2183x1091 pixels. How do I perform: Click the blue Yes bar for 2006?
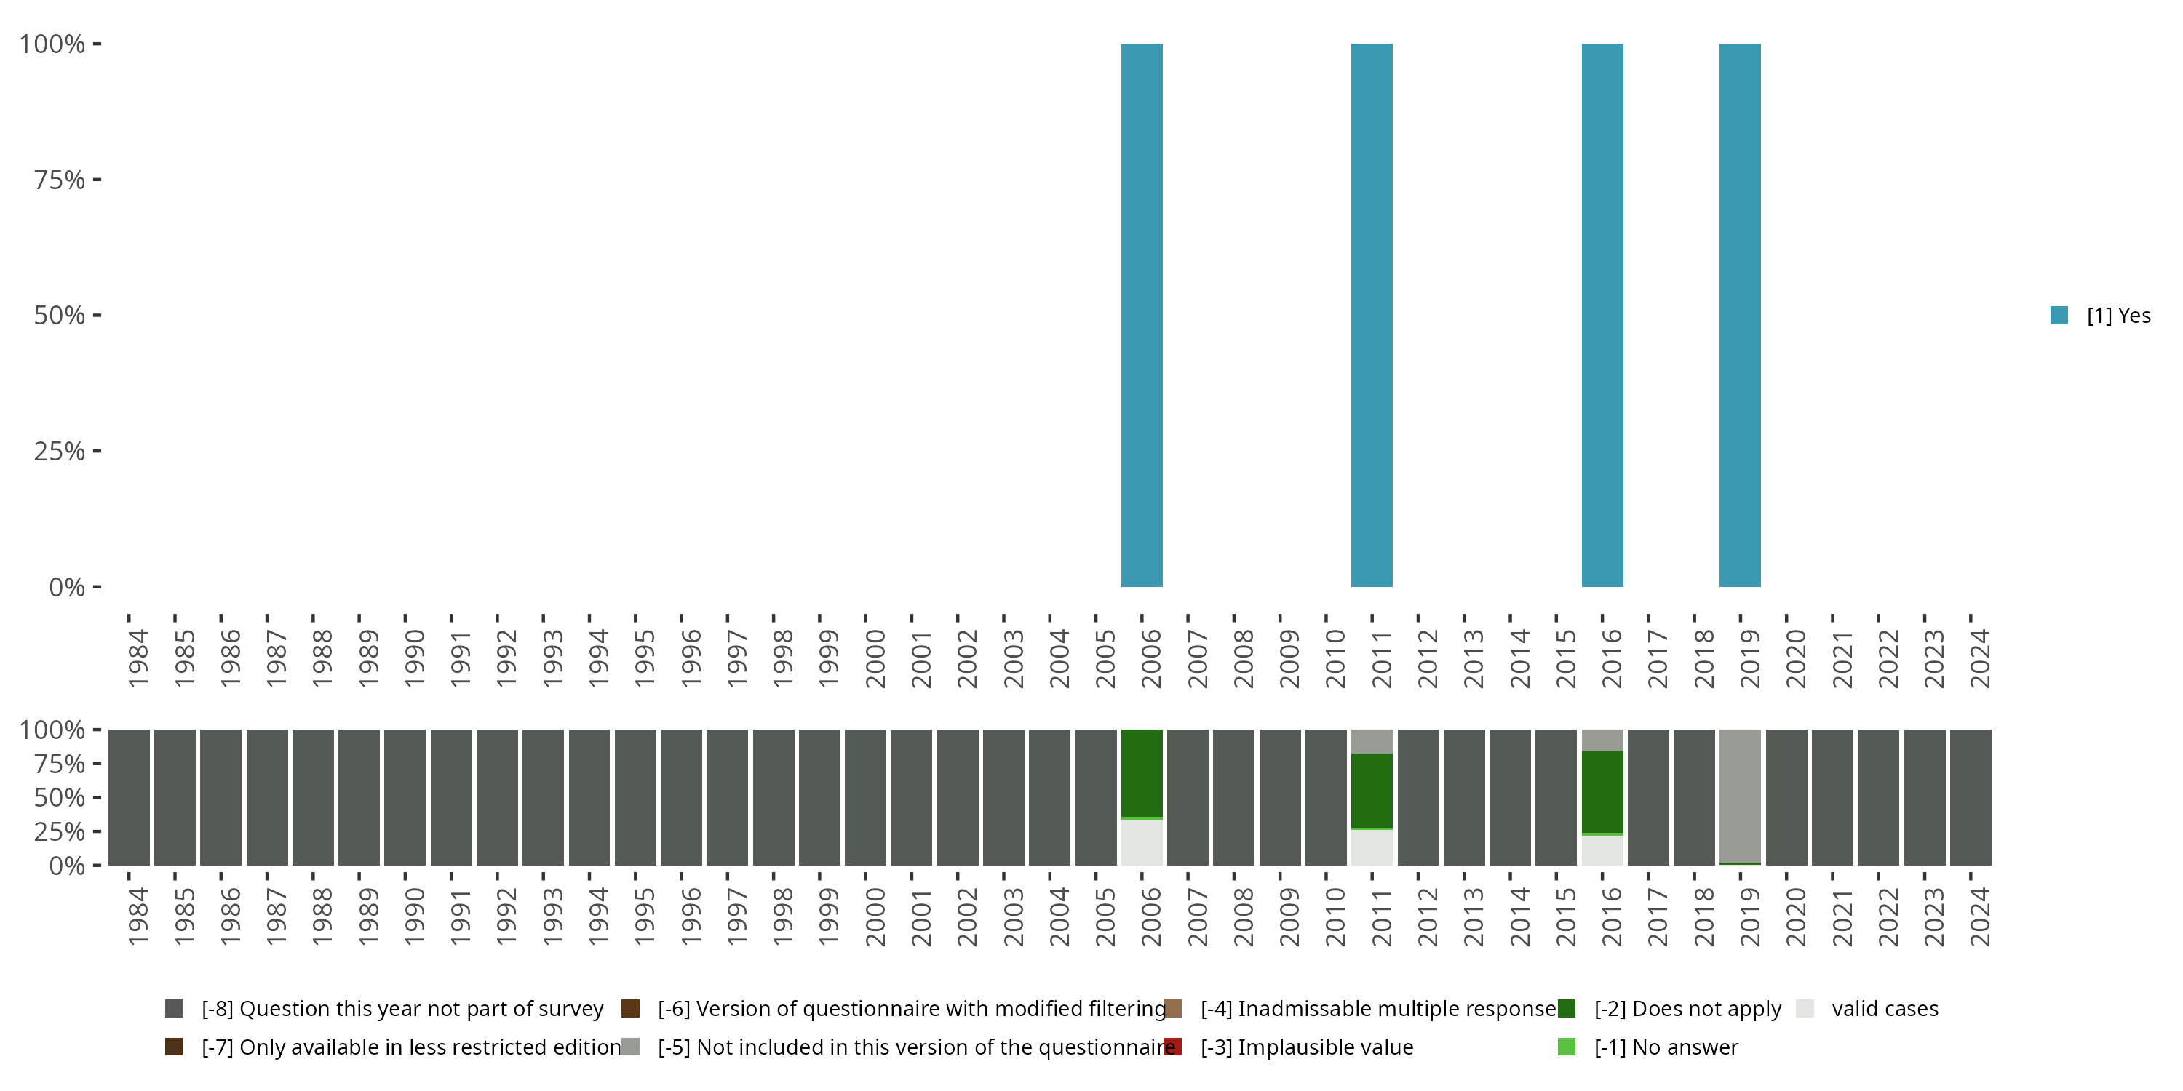pos(1142,315)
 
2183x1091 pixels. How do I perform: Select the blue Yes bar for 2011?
pos(1371,315)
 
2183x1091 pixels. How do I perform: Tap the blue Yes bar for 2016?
pos(1602,315)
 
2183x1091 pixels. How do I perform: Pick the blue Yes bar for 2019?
pos(1740,315)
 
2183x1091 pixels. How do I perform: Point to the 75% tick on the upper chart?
pos(97,180)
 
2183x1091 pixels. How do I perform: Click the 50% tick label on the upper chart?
pos(60,316)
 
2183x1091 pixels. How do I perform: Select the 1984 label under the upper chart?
pos(138,658)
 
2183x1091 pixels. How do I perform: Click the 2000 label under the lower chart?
pos(875,916)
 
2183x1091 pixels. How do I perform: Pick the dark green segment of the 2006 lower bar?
pos(1142,772)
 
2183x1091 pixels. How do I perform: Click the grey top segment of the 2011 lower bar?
pos(1371,741)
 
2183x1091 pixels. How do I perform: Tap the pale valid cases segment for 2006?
pos(1142,842)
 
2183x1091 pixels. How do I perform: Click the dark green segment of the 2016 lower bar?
pos(1602,791)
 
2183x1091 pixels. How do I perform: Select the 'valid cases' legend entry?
pos(1884,1009)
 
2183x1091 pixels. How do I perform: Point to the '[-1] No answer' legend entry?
pos(1665,1047)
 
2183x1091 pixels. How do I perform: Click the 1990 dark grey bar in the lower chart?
pos(405,797)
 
